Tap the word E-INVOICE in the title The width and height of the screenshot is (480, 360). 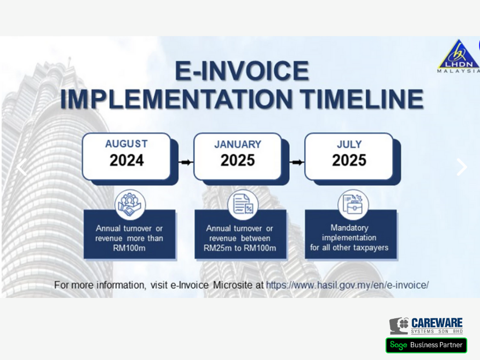[242, 71]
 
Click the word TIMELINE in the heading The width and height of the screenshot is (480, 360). [362, 99]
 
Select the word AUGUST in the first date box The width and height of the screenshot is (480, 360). [126, 144]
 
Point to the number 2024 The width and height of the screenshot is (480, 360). [127, 160]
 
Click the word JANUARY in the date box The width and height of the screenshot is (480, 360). [238, 144]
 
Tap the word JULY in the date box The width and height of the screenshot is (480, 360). [349, 144]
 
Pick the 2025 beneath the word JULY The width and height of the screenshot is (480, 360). [349, 160]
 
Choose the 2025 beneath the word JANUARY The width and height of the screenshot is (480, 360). [238, 160]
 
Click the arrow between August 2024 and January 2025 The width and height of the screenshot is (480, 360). [186, 162]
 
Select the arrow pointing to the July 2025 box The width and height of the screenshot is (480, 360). [297, 162]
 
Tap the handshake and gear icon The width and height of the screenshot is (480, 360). [130, 205]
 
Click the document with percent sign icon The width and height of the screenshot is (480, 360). [243, 205]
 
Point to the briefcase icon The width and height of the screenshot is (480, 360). [353, 205]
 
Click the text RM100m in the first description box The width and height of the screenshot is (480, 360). [129, 248]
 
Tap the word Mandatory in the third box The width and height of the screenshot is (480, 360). [349, 228]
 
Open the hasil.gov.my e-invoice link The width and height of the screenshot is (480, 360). [348, 286]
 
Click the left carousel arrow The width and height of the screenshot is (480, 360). [21, 167]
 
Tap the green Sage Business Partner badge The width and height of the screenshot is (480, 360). [426, 346]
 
